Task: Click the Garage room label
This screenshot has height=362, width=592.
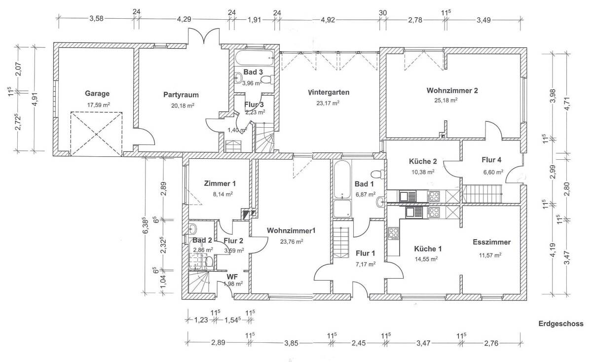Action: [x=97, y=94]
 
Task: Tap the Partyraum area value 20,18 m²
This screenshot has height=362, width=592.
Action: [x=183, y=106]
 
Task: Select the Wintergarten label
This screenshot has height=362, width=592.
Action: [x=329, y=93]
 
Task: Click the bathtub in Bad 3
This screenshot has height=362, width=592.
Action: [x=254, y=58]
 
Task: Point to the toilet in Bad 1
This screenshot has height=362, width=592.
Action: [x=376, y=175]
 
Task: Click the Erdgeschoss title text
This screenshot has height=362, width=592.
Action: [x=561, y=324]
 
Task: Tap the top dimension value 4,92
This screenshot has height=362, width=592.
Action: [x=328, y=20]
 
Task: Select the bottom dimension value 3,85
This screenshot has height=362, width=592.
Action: [x=291, y=343]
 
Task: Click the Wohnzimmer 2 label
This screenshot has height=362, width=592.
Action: [x=452, y=91]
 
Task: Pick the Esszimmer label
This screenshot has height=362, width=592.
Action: [x=491, y=242]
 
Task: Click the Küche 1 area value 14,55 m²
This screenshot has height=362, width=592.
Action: [x=426, y=259]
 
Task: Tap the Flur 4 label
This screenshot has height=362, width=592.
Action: [x=491, y=160]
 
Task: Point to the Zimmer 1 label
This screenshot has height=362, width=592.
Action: [x=220, y=183]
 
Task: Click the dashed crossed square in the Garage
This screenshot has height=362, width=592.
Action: [x=96, y=134]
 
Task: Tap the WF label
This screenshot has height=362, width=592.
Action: [x=232, y=277]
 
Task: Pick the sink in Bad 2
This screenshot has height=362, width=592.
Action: [x=193, y=228]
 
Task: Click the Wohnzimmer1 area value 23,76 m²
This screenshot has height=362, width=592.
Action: [x=292, y=242]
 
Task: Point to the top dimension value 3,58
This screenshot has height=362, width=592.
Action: [x=96, y=19]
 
